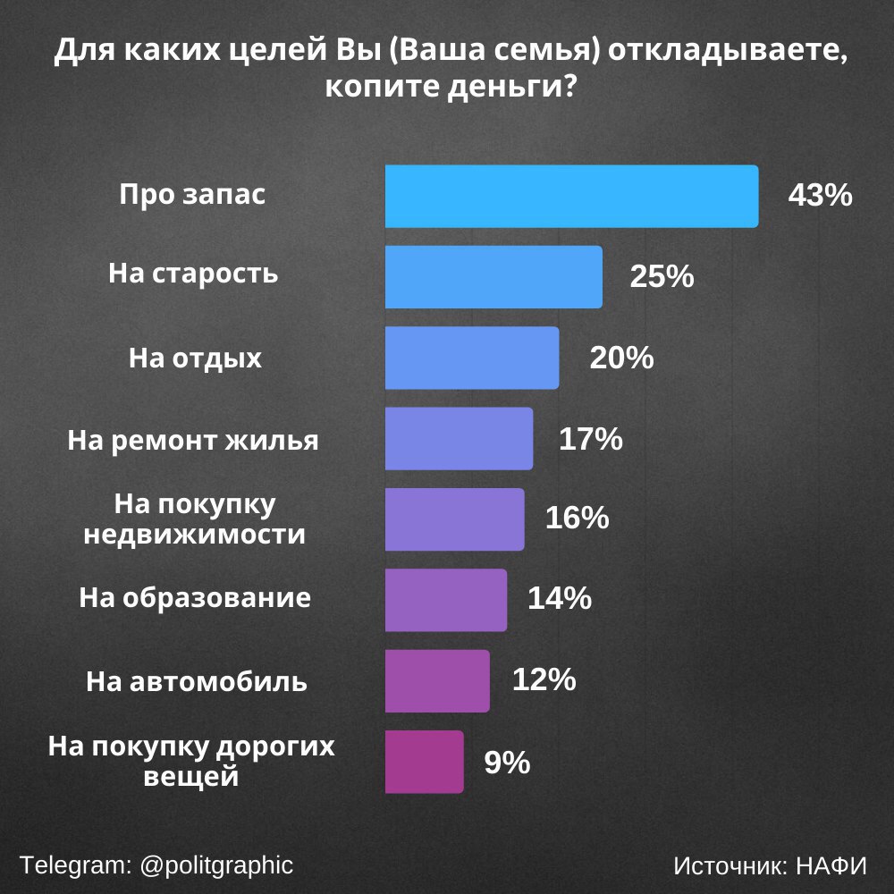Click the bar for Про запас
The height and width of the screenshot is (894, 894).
[x=571, y=196]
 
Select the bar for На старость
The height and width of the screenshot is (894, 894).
[x=493, y=277]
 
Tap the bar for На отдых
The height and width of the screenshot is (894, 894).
[x=472, y=358]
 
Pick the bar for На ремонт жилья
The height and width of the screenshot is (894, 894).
[x=459, y=438]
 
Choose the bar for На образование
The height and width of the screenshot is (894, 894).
[x=446, y=600]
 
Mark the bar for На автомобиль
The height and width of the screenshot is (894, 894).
[x=437, y=680]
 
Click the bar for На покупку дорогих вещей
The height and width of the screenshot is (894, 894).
[x=425, y=762]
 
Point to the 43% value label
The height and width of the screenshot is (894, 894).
[x=820, y=196]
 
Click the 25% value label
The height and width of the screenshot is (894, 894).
[x=662, y=277]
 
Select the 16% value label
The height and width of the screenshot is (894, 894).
[x=578, y=519]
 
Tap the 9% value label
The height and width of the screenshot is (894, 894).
[x=508, y=763]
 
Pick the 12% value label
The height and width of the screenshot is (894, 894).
[x=544, y=680]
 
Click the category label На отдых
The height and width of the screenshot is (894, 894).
[x=196, y=358]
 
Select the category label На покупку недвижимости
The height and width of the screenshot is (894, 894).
[x=194, y=519]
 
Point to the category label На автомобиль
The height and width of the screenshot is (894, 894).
[x=197, y=682]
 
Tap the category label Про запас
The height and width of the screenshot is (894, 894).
[x=193, y=195]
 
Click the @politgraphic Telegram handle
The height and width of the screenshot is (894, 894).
[x=216, y=865]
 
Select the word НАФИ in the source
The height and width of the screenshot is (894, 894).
[x=831, y=866]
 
